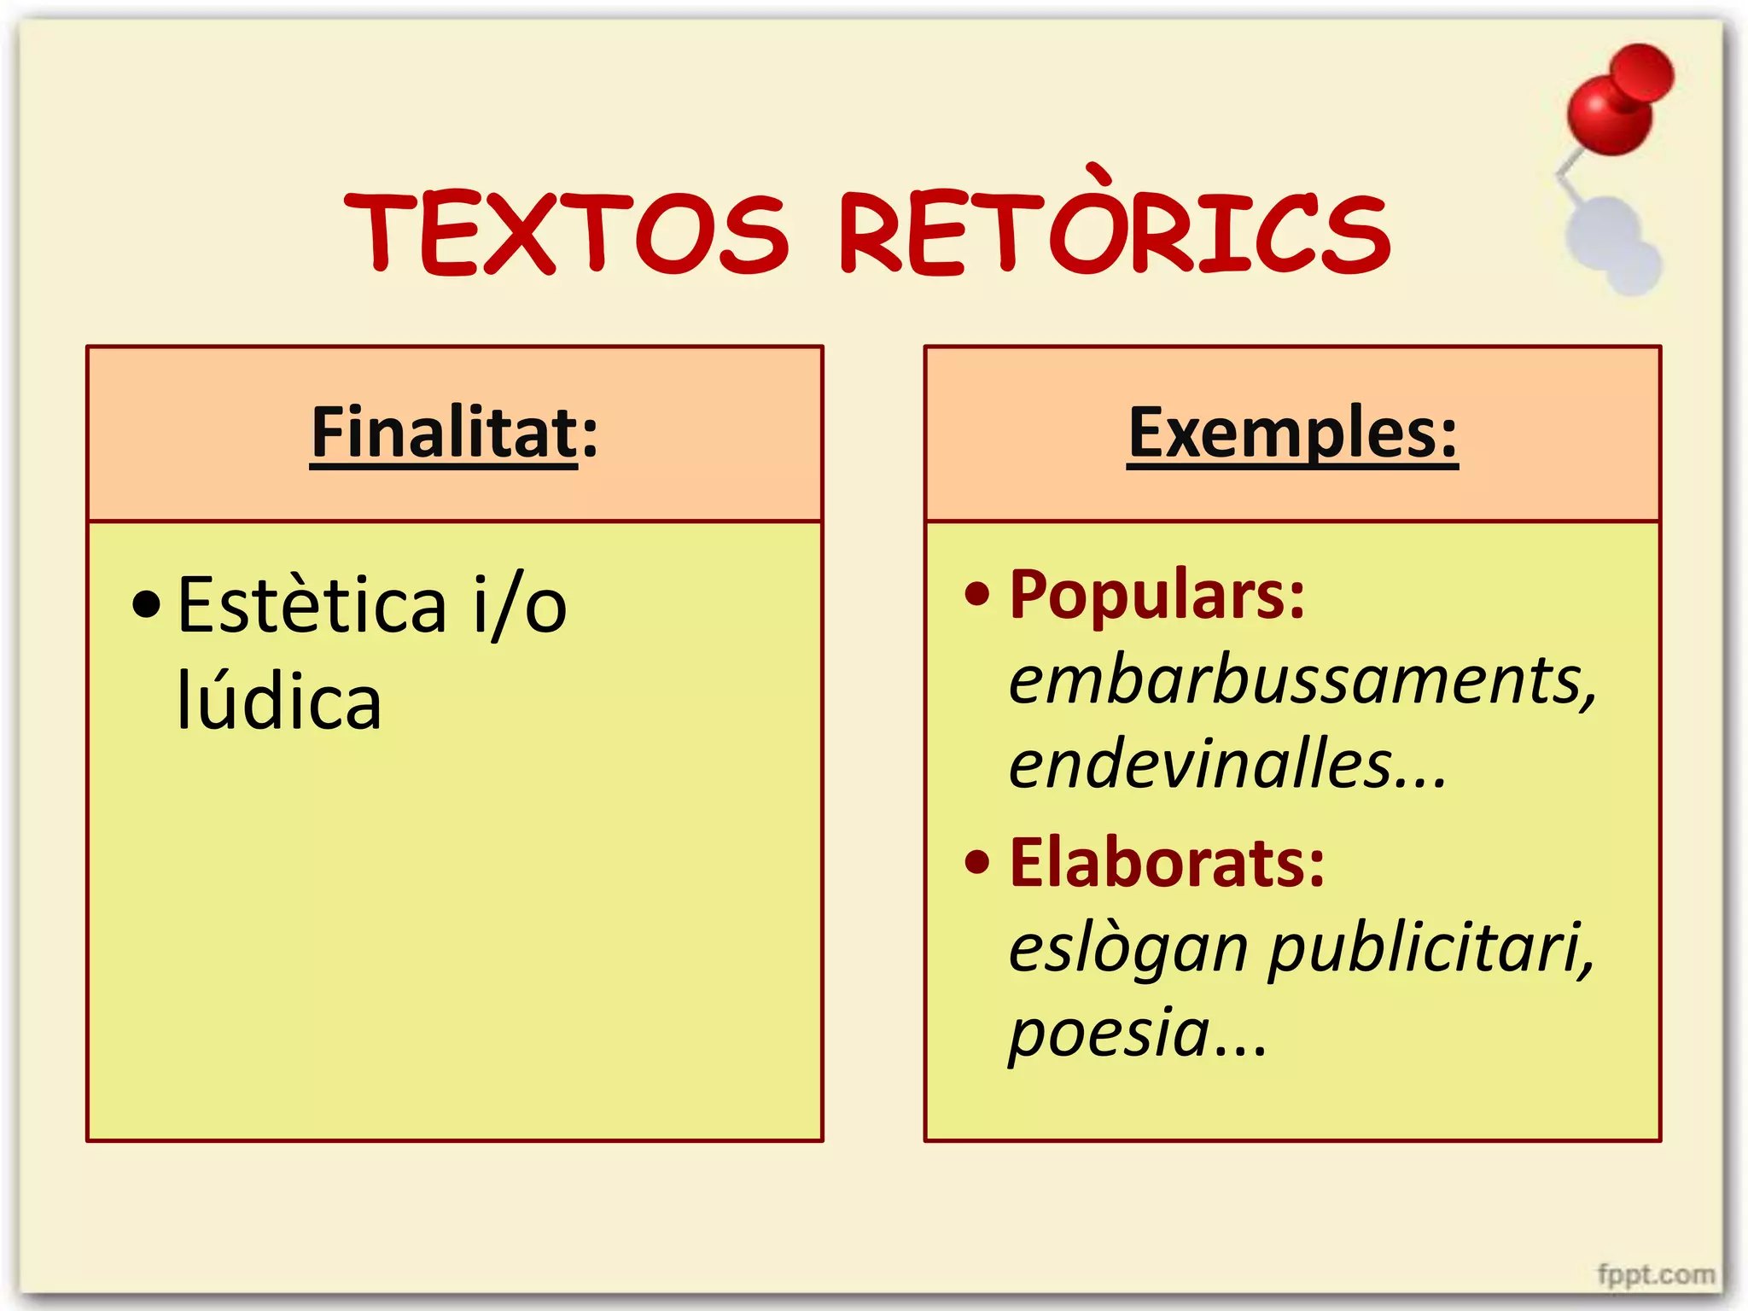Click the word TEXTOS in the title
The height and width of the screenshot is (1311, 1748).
tap(567, 233)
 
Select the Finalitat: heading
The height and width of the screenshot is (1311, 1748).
tap(454, 433)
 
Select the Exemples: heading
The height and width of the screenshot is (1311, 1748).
tap(1292, 433)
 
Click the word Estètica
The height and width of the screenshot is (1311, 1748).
tap(312, 605)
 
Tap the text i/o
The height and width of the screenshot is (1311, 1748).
tap(520, 605)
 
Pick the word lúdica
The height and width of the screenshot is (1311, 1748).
tap(278, 701)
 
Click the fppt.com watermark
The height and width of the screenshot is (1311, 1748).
tap(1656, 1274)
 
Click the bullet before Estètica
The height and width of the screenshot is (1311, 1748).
tap(147, 604)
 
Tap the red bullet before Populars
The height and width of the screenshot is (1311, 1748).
tap(976, 594)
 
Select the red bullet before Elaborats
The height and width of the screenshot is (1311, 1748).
tap(976, 863)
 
